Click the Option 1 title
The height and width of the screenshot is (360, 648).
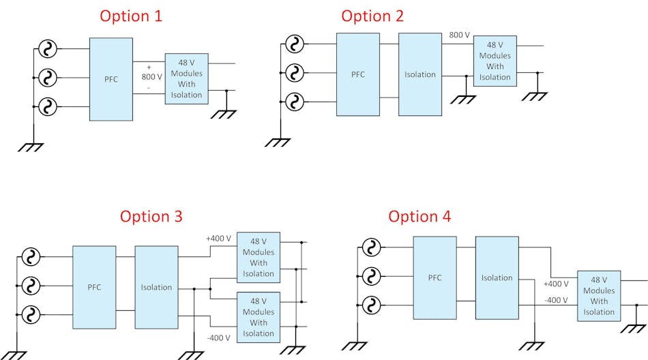point(131,16)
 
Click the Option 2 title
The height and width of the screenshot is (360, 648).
point(372,16)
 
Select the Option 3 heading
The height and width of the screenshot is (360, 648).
point(151,216)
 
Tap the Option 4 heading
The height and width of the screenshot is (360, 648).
point(419,216)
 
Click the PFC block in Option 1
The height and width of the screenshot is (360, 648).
point(111,79)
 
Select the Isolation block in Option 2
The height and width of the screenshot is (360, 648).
point(420,74)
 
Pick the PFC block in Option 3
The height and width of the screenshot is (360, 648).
point(94,287)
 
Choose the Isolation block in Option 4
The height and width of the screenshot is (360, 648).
point(497,277)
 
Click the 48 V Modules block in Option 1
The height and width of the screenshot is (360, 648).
point(186,78)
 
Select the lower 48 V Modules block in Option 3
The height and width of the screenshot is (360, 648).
point(259,317)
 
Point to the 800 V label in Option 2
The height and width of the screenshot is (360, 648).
point(459,35)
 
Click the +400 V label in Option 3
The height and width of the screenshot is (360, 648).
point(218,238)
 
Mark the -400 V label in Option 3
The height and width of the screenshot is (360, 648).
point(218,337)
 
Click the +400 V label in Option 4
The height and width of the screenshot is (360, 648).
point(555,284)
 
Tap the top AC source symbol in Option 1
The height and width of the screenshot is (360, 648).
point(48,49)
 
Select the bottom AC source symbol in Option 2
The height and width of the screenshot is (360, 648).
point(294,102)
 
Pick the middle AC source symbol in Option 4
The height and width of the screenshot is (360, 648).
point(371,276)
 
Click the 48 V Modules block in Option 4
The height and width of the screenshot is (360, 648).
point(599,296)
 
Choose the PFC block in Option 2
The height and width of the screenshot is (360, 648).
point(358,74)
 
